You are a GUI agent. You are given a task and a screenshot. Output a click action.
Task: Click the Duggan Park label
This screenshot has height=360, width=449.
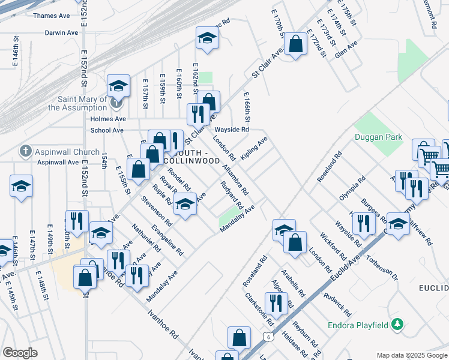(378, 137)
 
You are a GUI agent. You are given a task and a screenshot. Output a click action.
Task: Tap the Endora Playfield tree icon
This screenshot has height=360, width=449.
(396, 325)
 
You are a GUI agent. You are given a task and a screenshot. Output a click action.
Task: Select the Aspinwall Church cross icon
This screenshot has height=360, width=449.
(25, 151)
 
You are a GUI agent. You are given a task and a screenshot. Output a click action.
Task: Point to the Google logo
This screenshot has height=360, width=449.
(20, 353)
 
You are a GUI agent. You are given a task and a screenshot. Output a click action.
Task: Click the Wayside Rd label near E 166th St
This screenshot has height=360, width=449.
(232, 130)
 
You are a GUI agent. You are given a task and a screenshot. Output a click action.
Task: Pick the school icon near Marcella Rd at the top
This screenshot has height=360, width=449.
(207, 38)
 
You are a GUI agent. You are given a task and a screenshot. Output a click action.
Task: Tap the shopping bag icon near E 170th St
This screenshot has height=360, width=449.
(295, 43)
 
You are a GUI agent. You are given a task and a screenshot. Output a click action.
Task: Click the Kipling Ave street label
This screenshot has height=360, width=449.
(254, 149)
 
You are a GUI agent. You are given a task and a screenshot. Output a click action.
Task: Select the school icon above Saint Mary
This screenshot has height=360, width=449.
(118, 86)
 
